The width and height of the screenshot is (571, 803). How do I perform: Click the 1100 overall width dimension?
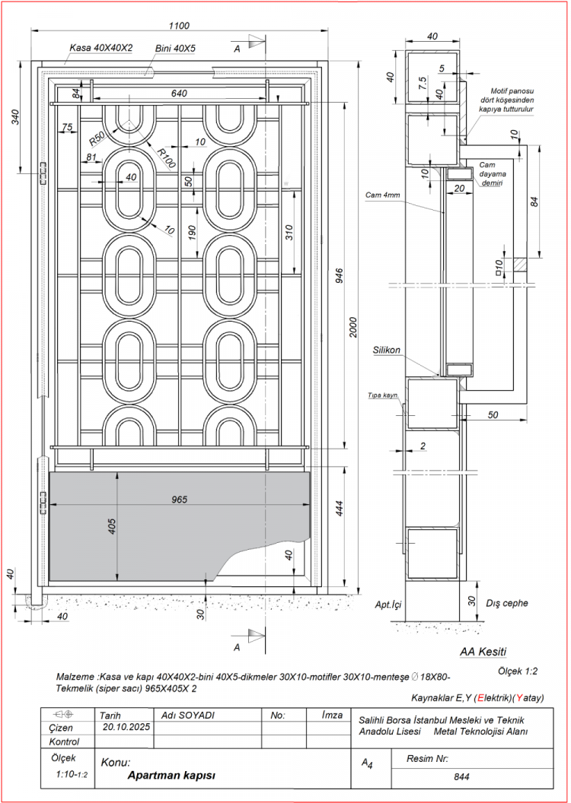click(x=180, y=25)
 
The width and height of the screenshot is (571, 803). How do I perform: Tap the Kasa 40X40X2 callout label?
click(x=101, y=47)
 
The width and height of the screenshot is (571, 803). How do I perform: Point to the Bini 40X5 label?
click(x=175, y=48)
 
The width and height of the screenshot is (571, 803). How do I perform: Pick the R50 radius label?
click(x=97, y=138)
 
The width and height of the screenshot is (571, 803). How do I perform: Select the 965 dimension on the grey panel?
click(x=179, y=500)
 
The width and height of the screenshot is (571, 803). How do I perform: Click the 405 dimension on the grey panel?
click(x=112, y=526)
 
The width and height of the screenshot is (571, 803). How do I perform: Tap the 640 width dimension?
click(x=179, y=94)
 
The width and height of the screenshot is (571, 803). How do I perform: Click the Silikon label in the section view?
click(x=387, y=351)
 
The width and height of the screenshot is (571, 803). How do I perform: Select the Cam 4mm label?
click(x=383, y=195)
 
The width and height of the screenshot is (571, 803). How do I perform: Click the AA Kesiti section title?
click(x=483, y=652)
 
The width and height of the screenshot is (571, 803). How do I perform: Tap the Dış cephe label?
click(x=506, y=603)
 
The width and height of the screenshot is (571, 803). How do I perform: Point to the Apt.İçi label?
click(x=388, y=605)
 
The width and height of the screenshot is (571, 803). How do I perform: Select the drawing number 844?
click(x=461, y=777)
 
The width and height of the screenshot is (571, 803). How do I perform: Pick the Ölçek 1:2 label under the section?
click(x=518, y=671)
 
